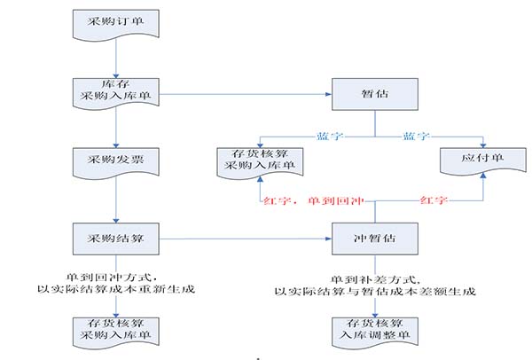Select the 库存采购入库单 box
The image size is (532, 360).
[x=116, y=90]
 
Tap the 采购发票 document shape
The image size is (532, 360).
[x=116, y=162]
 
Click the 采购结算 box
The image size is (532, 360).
[x=116, y=237]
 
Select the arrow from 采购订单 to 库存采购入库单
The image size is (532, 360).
[x=116, y=59]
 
